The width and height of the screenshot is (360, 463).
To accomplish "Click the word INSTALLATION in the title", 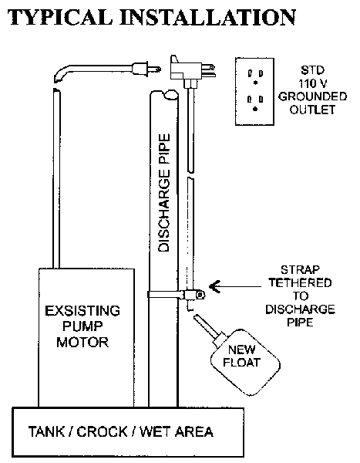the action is coord(208,17).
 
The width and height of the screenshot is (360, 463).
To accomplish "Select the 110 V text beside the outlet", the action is coord(313,83).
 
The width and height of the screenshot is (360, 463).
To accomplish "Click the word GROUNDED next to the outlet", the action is coord(312,96).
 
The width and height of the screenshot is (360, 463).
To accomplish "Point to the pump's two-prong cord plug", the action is coord(146,69).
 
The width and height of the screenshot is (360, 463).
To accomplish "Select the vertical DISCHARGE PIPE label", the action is coord(164,193).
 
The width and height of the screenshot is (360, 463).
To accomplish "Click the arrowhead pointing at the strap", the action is coord(214,286).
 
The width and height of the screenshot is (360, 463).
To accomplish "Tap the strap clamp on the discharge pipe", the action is coord(177,295).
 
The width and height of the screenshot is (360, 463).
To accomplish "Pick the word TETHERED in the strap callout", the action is coord(300,283).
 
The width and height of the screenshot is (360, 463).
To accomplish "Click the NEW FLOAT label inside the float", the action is coord(242,356).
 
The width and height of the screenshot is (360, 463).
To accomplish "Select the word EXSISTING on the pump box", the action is coord(82,311).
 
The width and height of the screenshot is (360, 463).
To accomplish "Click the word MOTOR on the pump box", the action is coord(82,343).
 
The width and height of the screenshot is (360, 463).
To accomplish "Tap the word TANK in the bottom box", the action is coord(46,431).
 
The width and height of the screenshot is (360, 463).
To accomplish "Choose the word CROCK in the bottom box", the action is coord(102,431).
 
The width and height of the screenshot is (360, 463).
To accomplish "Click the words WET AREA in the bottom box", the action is coord(177,431).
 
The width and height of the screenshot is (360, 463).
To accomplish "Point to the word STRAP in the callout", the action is coord(300,270).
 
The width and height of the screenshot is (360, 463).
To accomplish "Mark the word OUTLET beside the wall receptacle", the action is coord(312,110).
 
